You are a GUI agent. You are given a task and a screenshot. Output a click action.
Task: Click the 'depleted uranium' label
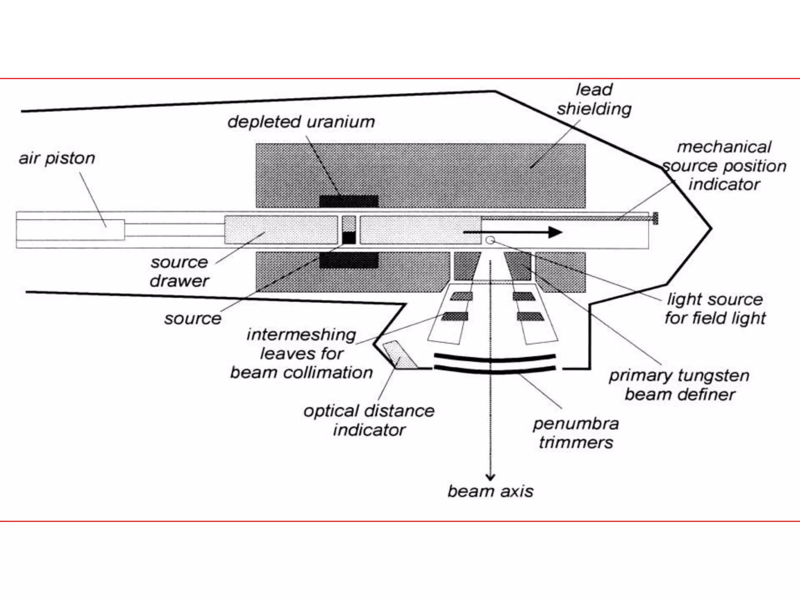point(301,122)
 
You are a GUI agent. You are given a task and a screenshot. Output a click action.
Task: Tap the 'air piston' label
point(57,158)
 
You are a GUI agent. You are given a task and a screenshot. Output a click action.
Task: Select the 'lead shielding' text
point(594,99)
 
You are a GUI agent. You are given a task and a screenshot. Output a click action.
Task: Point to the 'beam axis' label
point(490,491)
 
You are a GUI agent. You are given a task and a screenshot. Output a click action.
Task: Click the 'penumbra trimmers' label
point(576,433)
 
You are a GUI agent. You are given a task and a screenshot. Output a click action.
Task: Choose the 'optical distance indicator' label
point(369,420)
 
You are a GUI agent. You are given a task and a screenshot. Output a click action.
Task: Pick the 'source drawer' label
point(179,271)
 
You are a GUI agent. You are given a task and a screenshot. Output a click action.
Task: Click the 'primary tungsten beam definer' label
point(679,385)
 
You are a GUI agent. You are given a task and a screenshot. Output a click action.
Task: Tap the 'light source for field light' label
point(715,309)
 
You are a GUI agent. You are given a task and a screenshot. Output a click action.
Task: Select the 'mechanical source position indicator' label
point(724,166)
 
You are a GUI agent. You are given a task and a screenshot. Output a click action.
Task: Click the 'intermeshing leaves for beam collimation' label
point(301,354)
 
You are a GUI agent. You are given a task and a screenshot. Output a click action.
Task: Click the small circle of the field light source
point(490,240)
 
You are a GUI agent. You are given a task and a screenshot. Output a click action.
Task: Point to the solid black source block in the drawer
point(349,238)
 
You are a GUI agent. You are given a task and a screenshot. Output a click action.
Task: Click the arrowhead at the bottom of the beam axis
point(490,477)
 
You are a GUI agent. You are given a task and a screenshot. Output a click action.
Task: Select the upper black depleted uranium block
point(349,201)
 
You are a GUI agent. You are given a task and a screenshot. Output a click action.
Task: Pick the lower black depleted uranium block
point(349,260)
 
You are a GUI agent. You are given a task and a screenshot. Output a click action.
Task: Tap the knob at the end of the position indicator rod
point(655,218)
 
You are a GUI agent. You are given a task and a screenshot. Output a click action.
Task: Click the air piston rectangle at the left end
point(70,230)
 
